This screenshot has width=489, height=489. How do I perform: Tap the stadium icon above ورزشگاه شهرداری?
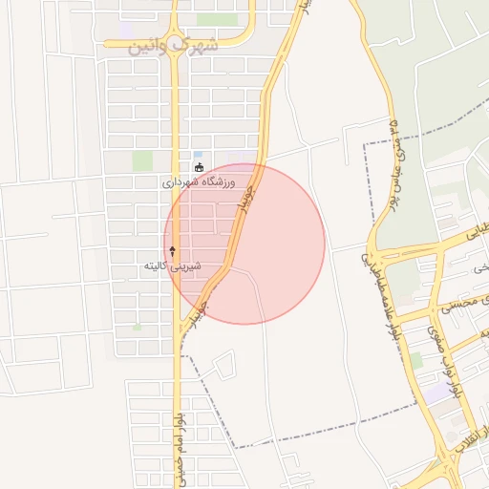(200, 167)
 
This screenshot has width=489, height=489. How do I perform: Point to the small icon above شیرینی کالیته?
(173, 250)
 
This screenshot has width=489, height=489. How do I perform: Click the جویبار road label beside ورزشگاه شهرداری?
(244, 202)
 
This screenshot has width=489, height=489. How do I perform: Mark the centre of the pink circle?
(244, 244)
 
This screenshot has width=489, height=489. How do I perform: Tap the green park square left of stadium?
(142, 160)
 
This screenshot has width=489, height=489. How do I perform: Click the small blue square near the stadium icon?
(198, 154)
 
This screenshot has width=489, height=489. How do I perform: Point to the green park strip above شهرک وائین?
(216, 19)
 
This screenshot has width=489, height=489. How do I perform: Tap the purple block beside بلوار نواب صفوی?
(436, 392)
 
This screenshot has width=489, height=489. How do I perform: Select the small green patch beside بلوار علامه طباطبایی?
(416, 359)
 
